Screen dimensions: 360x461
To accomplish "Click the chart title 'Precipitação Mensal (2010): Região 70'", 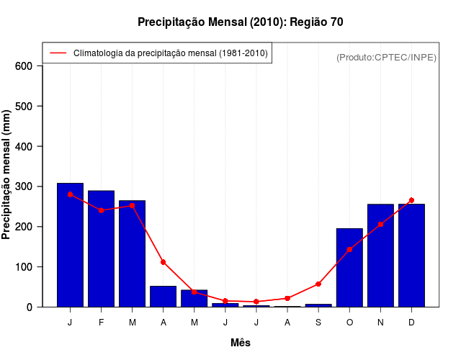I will tap(240, 22).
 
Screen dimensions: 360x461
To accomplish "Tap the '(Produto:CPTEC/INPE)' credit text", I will tap(386, 57).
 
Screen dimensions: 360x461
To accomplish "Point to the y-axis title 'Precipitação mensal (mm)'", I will tap(6, 175).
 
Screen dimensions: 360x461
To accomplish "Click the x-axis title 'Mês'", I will tap(241, 343).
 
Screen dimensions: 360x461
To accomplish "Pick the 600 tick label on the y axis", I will tap(24, 66).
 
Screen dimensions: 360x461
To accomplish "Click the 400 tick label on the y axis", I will tap(24, 147).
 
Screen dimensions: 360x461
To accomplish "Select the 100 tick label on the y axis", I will tap(24, 267).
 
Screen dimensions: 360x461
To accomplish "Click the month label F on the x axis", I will tap(101, 323).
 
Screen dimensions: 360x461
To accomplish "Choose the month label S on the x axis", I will tap(318, 323).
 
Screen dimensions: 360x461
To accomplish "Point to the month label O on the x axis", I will tap(349, 323).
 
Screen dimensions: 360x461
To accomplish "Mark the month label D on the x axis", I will tap(411, 323).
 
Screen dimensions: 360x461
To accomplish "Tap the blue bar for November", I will tap(380, 256).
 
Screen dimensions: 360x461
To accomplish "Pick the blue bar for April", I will tap(164, 297).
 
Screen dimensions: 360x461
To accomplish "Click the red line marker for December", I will tap(411, 200).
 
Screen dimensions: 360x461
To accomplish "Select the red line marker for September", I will tap(318, 284).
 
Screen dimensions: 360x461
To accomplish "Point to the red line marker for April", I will tap(164, 262).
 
